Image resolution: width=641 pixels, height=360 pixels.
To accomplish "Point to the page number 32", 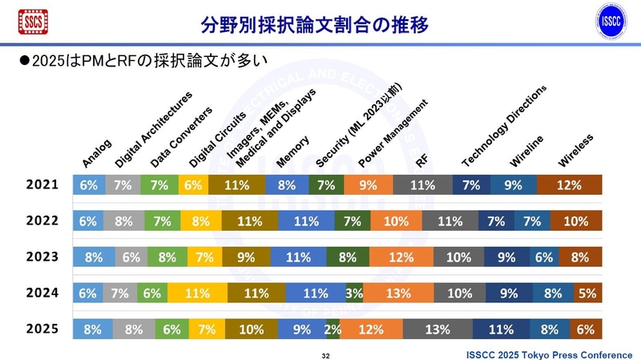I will click(x=325, y=354).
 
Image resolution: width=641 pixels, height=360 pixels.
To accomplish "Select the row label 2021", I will click(x=41, y=184).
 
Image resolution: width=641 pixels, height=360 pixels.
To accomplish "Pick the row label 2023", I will click(x=41, y=257).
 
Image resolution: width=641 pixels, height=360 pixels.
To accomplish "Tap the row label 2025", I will click(x=41, y=328).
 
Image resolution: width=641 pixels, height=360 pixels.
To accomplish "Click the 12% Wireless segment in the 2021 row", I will click(x=569, y=184).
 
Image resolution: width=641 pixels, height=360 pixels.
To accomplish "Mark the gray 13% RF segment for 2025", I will click(x=437, y=328).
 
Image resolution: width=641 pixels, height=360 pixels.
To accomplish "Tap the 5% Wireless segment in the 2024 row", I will click(x=587, y=293).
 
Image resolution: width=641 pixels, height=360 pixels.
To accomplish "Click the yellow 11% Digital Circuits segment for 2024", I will click(x=192, y=293).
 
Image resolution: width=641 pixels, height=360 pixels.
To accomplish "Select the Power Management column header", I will click(x=394, y=133).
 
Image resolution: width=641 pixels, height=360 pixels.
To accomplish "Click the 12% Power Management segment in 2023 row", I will click(x=401, y=257).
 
